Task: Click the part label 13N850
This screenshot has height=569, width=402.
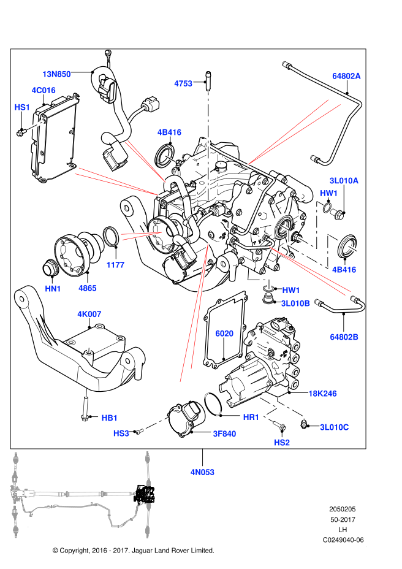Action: click(x=56, y=74)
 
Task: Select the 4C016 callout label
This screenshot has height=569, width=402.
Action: click(x=44, y=90)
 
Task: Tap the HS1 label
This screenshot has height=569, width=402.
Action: click(x=22, y=107)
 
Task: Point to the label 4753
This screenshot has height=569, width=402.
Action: click(x=183, y=83)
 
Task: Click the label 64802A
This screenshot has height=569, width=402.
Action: click(x=346, y=76)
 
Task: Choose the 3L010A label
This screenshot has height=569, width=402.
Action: click(x=344, y=181)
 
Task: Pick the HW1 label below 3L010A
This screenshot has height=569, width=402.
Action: click(x=328, y=193)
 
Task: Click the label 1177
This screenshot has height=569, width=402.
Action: click(x=115, y=265)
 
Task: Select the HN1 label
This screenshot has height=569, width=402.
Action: click(x=53, y=289)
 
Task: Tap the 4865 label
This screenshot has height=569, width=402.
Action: click(x=88, y=288)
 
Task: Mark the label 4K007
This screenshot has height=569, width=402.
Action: click(x=89, y=315)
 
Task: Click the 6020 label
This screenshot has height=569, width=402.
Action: click(x=224, y=334)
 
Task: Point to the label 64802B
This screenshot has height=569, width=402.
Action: click(x=344, y=337)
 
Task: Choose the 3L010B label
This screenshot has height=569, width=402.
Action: click(x=295, y=304)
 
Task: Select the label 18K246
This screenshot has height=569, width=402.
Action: click(x=322, y=394)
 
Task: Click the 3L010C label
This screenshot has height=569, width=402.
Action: click(x=334, y=427)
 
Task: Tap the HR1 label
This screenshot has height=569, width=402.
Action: click(x=251, y=418)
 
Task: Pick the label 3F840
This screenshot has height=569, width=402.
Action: click(x=224, y=434)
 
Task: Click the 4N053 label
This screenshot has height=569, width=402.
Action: click(x=202, y=472)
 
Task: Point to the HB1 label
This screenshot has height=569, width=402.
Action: click(x=110, y=418)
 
